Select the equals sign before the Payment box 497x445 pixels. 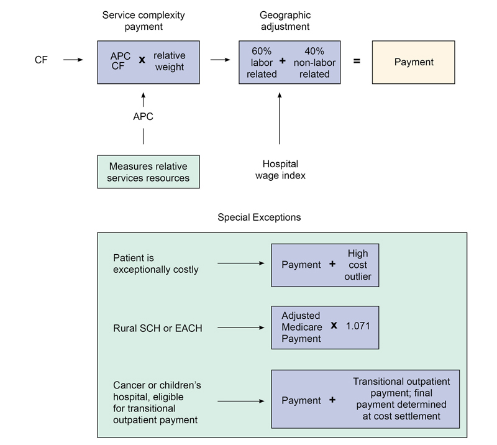point(357,62)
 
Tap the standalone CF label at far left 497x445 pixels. point(42,60)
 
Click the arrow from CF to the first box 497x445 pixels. point(72,60)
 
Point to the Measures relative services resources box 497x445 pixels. point(148,173)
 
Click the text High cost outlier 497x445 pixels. point(357,265)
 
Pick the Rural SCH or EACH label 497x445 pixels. point(157,328)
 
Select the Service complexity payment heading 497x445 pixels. point(144,21)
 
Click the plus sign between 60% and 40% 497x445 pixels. point(283,62)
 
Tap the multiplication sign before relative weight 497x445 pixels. point(141,61)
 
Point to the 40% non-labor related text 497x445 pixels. point(314,62)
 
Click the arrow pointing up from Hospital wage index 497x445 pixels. point(280,118)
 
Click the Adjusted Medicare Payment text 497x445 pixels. point(302,327)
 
